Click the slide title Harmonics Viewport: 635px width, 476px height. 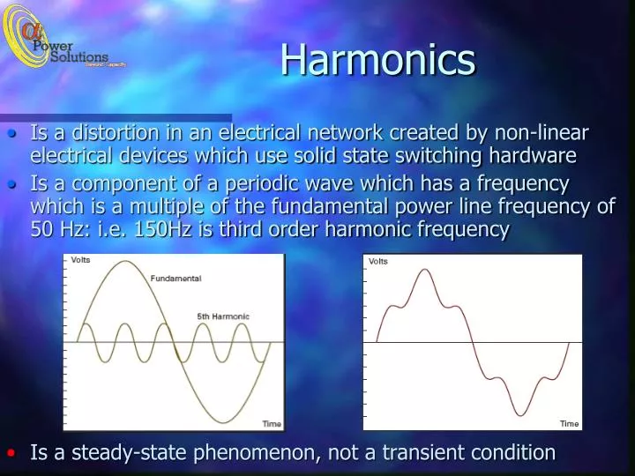coord(378,60)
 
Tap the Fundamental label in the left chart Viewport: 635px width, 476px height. coord(176,279)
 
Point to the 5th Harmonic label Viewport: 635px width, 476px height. coord(222,316)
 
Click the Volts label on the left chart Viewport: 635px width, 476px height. coord(80,260)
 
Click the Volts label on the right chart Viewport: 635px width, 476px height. coord(378,261)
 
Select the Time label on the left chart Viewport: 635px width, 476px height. coord(272,424)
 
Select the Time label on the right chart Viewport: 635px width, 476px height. coord(570,424)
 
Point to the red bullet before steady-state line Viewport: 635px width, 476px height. coord(11,452)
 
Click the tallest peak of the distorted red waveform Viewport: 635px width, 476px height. coord(426,270)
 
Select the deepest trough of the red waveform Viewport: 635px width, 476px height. coord(521,415)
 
